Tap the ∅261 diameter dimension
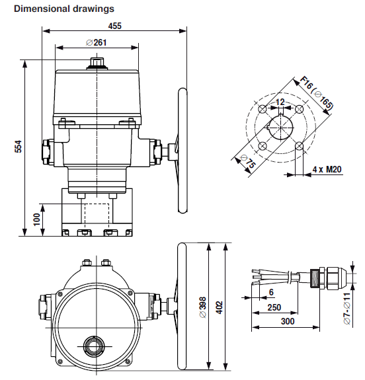coord(97,42)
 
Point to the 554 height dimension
coord(19,147)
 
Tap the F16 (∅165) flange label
coord(317,95)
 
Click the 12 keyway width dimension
coord(280,102)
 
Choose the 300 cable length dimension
coord(285,322)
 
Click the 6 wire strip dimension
coord(271,293)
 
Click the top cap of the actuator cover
coord(97,63)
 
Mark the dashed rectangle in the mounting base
coord(97,215)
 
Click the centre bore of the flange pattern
coord(281,127)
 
